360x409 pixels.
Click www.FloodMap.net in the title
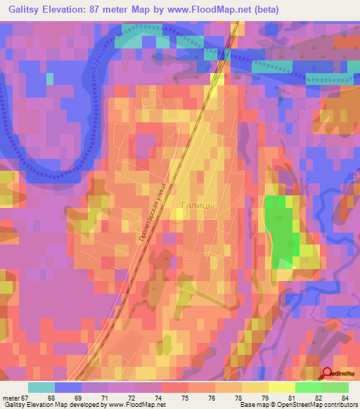pos(212,10)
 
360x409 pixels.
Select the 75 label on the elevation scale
pos(184,398)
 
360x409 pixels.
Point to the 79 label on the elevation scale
pos(264,398)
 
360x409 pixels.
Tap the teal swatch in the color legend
pos(41,387)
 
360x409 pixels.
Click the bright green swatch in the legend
pos(309,387)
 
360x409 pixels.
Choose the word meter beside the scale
pos(11,398)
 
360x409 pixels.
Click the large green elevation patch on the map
pos(281,232)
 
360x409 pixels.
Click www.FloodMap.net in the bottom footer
pos(137,405)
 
